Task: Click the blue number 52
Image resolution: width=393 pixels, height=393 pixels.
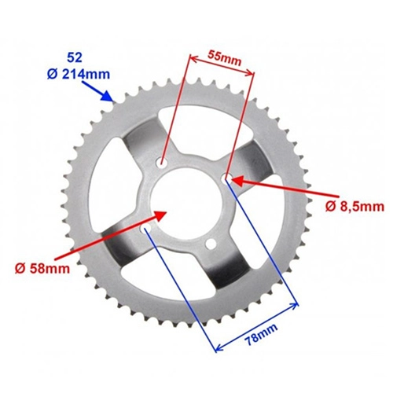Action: [x=75, y=57]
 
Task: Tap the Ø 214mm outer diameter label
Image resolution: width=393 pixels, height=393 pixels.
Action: [x=79, y=75]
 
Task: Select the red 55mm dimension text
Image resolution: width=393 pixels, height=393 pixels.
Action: [x=224, y=58]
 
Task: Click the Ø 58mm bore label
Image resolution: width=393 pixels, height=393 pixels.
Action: [x=42, y=268]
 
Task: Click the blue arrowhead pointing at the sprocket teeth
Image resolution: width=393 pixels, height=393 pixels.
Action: [x=108, y=96]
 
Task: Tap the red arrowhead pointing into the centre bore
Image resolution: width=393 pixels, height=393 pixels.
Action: [x=160, y=215]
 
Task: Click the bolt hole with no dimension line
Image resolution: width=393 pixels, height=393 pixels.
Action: [x=211, y=244]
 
